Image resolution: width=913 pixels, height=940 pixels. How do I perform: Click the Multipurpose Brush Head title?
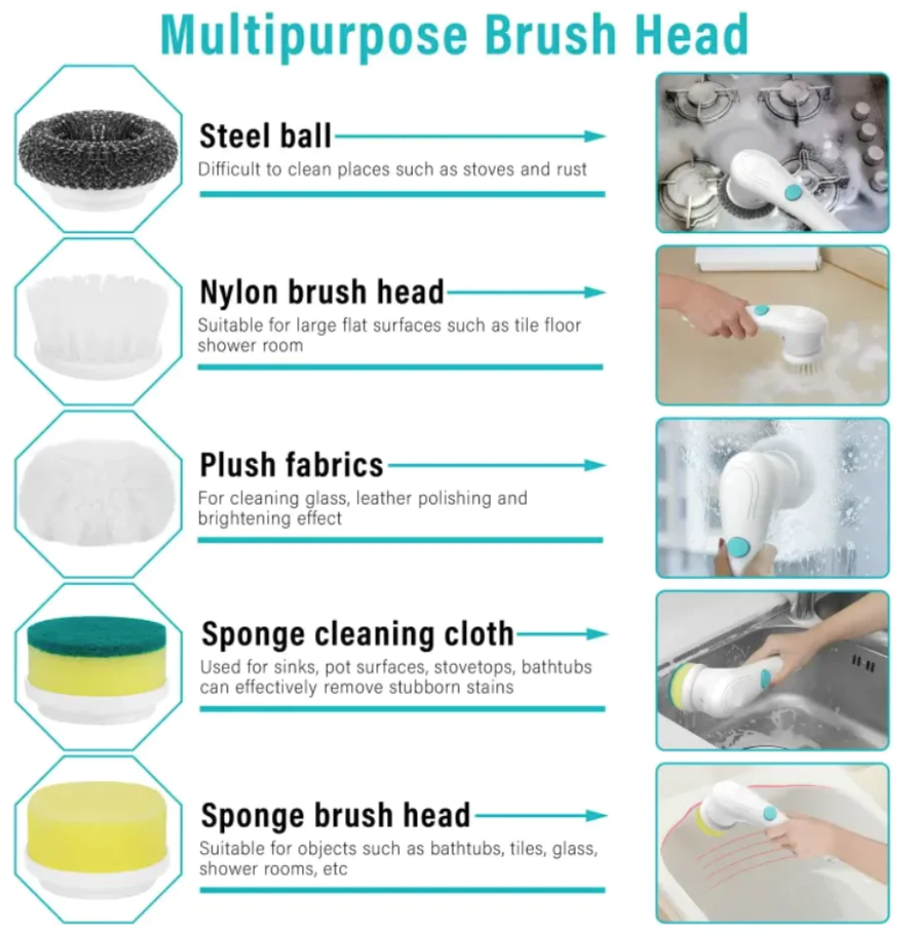[x=455, y=34]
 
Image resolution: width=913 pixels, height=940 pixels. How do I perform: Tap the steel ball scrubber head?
[x=99, y=150]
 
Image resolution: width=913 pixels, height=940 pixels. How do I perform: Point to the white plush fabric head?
[x=98, y=492]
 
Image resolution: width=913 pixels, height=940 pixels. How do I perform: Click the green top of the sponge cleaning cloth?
[x=97, y=634]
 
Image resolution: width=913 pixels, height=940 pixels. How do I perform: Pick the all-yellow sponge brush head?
[x=97, y=820]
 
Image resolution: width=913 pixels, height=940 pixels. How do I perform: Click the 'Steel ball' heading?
[x=264, y=136]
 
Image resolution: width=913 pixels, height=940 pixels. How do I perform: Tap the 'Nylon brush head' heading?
[x=322, y=292]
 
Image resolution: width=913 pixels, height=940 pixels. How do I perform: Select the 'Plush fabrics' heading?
[x=291, y=465]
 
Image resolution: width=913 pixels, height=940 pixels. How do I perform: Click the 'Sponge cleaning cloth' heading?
[x=358, y=633]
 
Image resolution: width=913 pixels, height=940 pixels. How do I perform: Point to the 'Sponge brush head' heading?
[x=336, y=815]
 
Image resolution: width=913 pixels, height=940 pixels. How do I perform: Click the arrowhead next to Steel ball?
[x=595, y=136]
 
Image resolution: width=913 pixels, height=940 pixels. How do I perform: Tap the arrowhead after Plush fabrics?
[x=595, y=466]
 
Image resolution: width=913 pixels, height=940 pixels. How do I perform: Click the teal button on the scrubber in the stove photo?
[x=793, y=192]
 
